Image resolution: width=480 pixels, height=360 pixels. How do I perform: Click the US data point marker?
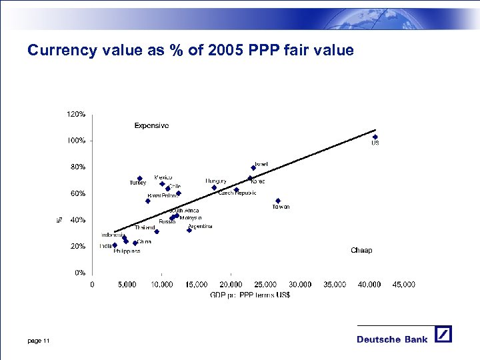tap(375, 137)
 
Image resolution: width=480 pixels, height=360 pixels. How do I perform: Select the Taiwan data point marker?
tap(278, 201)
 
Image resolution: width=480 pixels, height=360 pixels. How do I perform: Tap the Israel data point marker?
tap(253, 168)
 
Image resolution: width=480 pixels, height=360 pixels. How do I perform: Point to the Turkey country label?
tap(137, 183)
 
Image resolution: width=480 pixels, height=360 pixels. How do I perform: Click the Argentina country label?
tap(200, 227)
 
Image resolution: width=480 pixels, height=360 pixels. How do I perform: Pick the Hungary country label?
tap(216, 181)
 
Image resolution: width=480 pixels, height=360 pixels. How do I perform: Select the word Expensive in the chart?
tap(151, 125)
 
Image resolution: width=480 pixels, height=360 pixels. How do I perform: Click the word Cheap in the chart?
tap(361, 251)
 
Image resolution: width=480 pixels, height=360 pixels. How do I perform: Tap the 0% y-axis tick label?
tap(79, 273)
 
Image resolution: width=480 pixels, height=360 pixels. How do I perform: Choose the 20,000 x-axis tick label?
tap(230, 284)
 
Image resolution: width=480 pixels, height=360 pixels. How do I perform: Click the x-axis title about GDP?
tap(250, 295)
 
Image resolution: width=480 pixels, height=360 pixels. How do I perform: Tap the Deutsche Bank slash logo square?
tap(443, 334)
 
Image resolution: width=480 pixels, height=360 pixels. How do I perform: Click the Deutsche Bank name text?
tap(392, 339)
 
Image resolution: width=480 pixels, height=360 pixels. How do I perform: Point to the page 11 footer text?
tap(39, 341)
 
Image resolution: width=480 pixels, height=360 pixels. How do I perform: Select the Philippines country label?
tap(127, 251)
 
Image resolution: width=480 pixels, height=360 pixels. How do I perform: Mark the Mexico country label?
tap(163, 177)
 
